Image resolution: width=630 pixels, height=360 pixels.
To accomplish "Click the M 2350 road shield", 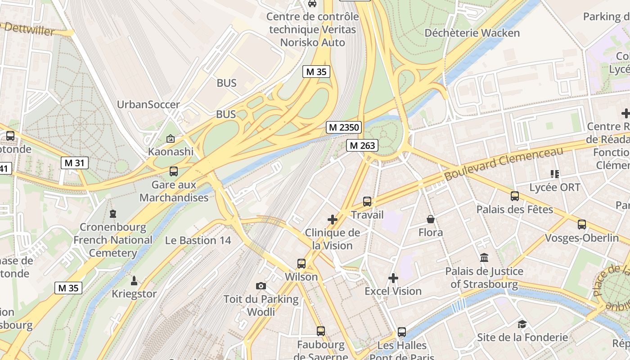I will (x=344, y=127).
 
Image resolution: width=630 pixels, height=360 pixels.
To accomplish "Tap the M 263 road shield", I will (x=362, y=145).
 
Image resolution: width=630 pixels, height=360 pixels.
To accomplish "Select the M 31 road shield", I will (x=75, y=163).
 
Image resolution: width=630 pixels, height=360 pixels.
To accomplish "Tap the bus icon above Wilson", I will (x=301, y=264).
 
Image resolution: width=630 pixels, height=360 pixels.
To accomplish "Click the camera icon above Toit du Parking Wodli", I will (x=261, y=286).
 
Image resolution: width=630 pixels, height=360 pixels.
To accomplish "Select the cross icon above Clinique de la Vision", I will (x=333, y=220).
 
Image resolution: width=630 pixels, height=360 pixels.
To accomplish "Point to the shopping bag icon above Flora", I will (x=431, y=219).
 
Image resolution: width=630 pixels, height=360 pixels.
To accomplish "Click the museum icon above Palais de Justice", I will (x=484, y=258).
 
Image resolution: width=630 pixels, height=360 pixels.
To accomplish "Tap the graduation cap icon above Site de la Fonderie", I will (x=522, y=324).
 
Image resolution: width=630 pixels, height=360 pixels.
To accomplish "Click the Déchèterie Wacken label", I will (x=472, y=33).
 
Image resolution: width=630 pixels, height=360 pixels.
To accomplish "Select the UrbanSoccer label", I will (x=148, y=104).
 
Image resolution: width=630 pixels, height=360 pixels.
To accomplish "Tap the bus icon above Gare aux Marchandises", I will (x=174, y=171).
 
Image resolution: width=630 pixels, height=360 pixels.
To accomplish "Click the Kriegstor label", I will (x=134, y=294).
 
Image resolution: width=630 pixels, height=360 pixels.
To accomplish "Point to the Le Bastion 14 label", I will (x=198, y=240).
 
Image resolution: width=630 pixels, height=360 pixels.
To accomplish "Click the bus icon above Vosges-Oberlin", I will (x=582, y=224).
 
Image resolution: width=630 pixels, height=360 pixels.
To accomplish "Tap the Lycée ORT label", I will (x=555, y=187).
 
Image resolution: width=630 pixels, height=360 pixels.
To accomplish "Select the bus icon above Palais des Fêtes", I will (x=515, y=196).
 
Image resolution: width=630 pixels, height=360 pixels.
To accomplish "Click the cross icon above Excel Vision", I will (x=393, y=278).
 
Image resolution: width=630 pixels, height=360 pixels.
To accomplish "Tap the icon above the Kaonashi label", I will (x=171, y=139).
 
